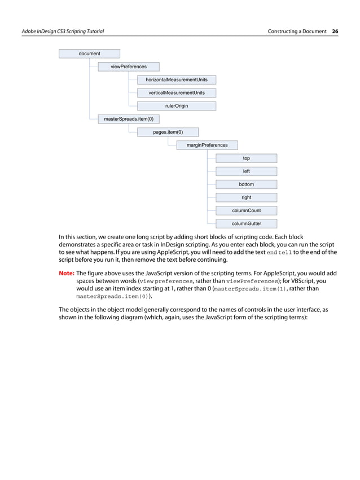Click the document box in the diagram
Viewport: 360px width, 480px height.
pos(90,54)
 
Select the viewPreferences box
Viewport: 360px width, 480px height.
pos(129,67)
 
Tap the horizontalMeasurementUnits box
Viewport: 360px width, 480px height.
pos(177,80)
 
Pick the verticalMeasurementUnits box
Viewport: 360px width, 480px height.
pos(177,93)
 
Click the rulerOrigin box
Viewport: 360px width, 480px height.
pos(177,105)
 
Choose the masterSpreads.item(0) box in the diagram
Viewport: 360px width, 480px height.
pos(129,119)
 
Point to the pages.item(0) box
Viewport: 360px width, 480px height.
pos(168,132)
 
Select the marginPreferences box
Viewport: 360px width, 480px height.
pos(207,145)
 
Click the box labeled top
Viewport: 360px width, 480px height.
pos(247,158)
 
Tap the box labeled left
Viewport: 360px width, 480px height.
pos(247,171)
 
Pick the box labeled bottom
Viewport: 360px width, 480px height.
pos(247,184)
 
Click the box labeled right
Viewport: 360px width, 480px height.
pos(247,197)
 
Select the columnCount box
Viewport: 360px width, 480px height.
pos(247,211)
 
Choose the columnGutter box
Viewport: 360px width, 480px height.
pos(247,224)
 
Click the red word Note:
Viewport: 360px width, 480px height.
pos(67,273)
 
